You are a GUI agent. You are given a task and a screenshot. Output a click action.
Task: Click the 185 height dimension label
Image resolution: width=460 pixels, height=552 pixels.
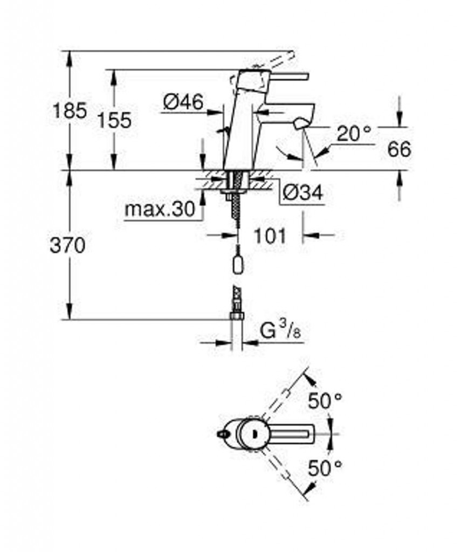point(70,111)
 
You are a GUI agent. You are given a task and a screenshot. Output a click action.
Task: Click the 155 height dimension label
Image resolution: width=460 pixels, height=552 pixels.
point(114,120)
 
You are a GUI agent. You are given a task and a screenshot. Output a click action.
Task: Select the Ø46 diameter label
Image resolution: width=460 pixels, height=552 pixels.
point(183,102)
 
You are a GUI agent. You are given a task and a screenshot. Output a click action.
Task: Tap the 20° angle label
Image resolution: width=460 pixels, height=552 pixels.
point(354,133)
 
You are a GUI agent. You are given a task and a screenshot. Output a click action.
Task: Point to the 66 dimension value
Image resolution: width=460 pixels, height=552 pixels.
point(399,149)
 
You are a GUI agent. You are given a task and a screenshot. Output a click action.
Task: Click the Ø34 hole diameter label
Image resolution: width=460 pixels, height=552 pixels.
point(303,192)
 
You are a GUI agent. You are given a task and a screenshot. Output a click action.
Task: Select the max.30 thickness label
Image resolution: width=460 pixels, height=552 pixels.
point(160,210)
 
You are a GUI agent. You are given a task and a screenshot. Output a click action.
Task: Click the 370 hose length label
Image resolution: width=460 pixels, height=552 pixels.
point(67,245)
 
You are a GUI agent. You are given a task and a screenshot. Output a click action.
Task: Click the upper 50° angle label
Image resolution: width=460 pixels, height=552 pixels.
point(325,401)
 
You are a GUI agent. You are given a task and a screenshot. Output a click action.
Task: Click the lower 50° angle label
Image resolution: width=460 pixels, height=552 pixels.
point(325,467)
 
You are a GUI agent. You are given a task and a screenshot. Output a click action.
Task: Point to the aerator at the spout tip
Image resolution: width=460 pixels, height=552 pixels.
point(300,123)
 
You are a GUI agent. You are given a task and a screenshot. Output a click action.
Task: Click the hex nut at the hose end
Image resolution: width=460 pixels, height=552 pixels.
point(237,316)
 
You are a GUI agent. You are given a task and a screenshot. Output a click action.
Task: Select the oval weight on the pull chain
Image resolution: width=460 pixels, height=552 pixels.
point(237,264)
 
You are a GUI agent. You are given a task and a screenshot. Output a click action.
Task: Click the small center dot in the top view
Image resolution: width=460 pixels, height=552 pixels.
point(252,434)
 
